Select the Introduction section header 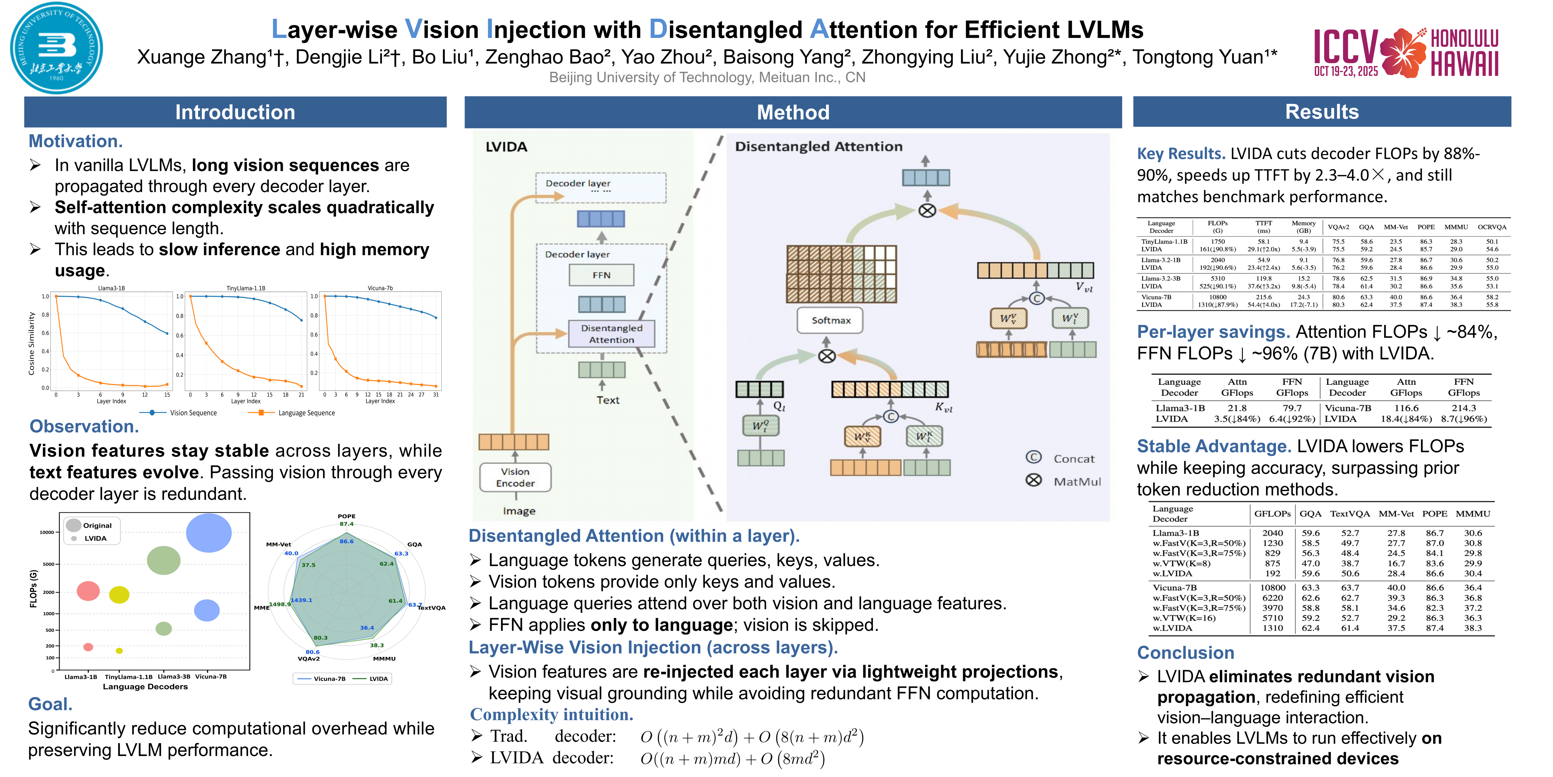click(235, 112)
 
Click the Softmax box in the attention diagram click(830, 320)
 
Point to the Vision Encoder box click(515, 477)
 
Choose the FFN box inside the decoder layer click(601, 275)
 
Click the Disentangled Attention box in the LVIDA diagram click(611, 334)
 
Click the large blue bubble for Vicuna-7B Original click(209, 533)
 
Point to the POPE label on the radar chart click(347, 516)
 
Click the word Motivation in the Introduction click(75, 141)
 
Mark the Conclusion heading click(1185, 653)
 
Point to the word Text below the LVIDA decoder click(608, 400)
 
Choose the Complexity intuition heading click(551, 715)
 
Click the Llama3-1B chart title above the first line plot click(112, 288)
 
